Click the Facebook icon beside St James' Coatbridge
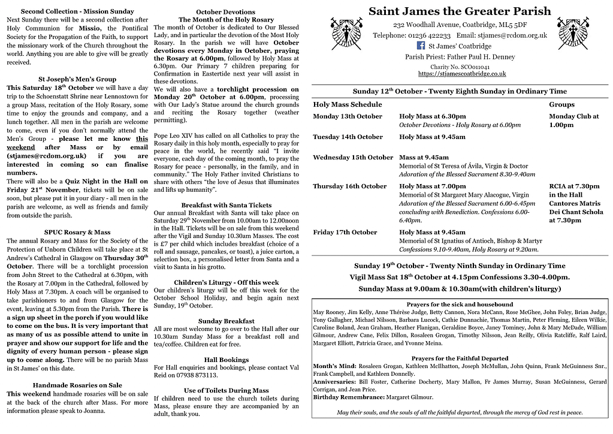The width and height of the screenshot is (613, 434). (421, 46)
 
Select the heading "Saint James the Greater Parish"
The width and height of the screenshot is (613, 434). (460, 11)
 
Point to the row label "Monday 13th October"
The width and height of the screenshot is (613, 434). (348, 116)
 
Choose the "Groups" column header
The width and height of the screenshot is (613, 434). (561, 104)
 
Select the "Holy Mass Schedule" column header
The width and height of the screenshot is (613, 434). (348, 104)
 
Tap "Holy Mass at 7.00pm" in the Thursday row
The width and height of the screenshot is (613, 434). (432, 186)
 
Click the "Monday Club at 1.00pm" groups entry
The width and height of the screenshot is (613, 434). (573, 120)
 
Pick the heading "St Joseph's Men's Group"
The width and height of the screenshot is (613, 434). (77, 79)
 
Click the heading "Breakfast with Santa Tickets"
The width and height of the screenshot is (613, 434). (226, 205)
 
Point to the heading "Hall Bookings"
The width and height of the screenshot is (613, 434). (226, 360)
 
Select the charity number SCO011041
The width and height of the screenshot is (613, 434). (460, 67)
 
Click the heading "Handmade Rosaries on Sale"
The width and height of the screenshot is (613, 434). (77, 385)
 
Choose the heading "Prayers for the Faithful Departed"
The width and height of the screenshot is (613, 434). (460, 358)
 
